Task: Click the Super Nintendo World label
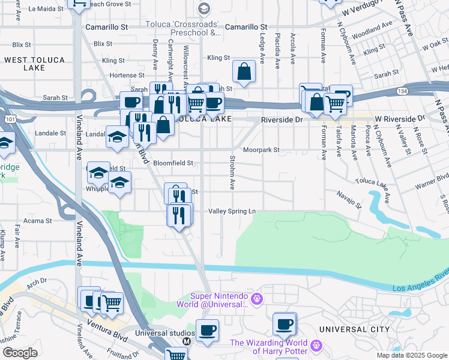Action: coord(220,299)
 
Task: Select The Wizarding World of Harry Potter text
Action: coord(268,347)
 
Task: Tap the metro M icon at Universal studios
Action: coord(186,341)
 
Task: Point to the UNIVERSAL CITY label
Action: coord(354,329)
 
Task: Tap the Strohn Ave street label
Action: coord(232,172)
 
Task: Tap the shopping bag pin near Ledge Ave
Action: coord(244,72)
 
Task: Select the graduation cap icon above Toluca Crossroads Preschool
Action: coord(204,8)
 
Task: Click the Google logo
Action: coord(20,352)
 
